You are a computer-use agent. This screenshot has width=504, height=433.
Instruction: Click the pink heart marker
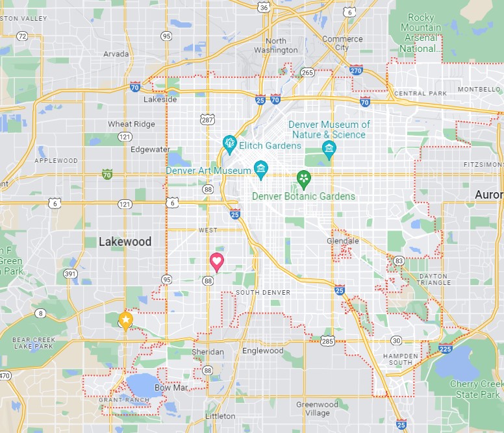[x=217, y=262]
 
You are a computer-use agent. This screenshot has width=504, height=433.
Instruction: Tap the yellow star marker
[x=125, y=320]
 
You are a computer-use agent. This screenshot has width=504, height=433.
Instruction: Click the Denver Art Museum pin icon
[x=261, y=169]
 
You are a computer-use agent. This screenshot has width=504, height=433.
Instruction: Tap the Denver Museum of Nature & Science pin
[x=329, y=149]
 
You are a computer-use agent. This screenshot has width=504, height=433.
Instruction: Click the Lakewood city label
[x=125, y=241]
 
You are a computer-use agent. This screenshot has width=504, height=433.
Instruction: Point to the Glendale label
[x=342, y=241]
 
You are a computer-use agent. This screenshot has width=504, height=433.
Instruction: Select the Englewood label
[x=262, y=351]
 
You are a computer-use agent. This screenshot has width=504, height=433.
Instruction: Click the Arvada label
[x=116, y=54]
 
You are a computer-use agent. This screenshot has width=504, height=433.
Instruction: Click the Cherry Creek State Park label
[x=475, y=389]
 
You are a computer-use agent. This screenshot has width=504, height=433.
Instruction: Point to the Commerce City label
[x=342, y=43]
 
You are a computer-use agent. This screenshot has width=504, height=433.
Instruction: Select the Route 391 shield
[x=69, y=274]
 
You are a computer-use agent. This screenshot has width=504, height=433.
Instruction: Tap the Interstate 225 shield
[x=445, y=349]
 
